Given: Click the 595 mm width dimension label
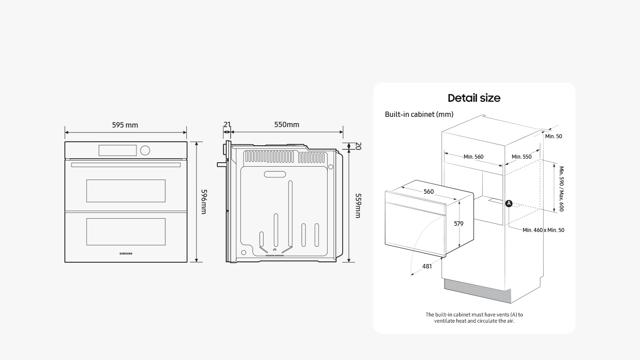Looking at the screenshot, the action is click(x=125, y=125).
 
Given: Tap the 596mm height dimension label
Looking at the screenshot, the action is click(x=204, y=202).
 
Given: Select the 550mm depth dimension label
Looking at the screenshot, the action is click(x=287, y=124).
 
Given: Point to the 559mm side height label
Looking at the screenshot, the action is click(x=358, y=206).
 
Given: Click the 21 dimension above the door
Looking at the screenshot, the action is click(x=227, y=124).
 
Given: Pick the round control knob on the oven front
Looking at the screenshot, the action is click(x=145, y=150).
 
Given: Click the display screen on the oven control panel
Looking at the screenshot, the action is click(x=117, y=150).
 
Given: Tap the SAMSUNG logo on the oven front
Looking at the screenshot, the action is click(x=126, y=253).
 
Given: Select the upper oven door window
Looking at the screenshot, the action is click(x=126, y=191).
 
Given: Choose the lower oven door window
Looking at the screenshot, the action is click(x=126, y=232).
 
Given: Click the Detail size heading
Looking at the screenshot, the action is click(x=474, y=98).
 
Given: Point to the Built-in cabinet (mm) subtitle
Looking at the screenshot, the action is click(x=419, y=114).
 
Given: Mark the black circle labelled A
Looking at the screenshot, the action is click(x=508, y=204).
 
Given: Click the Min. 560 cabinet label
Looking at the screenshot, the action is click(x=473, y=156).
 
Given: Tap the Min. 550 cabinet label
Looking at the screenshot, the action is click(x=521, y=156).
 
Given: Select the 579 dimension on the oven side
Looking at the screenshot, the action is click(x=459, y=224).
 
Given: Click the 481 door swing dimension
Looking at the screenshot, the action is click(x=427, y=266).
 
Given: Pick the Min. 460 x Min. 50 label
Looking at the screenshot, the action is click(x=543, y=230).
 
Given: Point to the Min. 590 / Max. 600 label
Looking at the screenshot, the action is click(x=561, y=189).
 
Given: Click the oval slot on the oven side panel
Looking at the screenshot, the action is click(x=275, y=174).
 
